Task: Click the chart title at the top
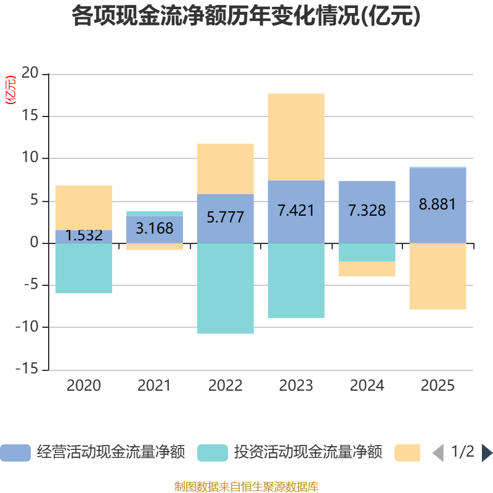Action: tap(246, 17)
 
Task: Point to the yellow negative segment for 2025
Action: tap(438, 277)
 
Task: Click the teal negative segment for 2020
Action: tap(84, 268)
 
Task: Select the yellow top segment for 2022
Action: tap(225, 169)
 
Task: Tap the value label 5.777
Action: tap(225, 218)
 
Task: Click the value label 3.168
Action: tap(154, 229)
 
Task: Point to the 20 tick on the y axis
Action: tap(30, 74)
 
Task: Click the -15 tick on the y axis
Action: tap(28, 370)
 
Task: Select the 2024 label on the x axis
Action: tap(367, 386)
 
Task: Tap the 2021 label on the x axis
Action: tap(154, 386)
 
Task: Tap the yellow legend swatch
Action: tap(407, 453)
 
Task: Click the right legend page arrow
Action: tap(487, 453)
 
